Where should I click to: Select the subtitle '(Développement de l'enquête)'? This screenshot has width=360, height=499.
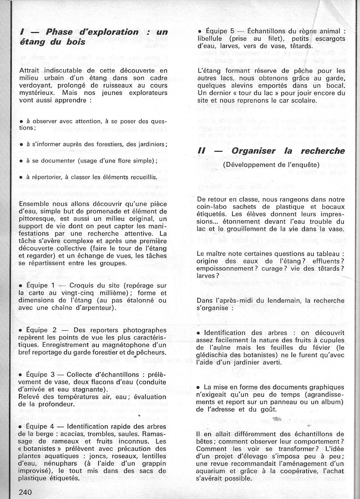[x=271, y=164]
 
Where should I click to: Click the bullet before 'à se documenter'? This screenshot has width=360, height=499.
[x=21, y=161]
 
